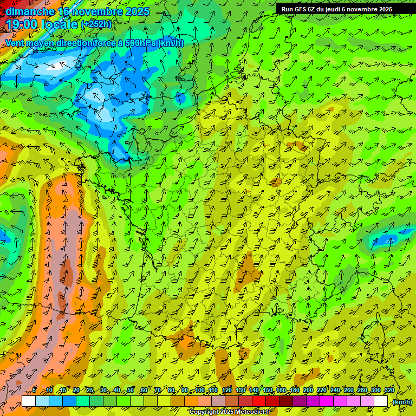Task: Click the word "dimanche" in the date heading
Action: click(30, 11)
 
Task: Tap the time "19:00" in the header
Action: click(22, 24)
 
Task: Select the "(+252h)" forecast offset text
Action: click(96, 24)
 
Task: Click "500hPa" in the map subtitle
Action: click(140, 43)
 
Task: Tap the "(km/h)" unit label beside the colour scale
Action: click(401, 402)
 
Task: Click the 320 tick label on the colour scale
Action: click(388, 391)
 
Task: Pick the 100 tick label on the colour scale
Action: click(199, 391)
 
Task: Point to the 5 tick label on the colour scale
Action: click(35, 391)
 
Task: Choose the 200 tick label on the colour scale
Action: click(308, 391)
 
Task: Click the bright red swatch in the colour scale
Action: click(259, 401)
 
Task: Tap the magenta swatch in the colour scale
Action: click(327, 401)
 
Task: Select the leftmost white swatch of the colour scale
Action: click(29, 401)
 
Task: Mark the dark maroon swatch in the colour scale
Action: click(286, 401)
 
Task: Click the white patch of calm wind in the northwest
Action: click(56, 67)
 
